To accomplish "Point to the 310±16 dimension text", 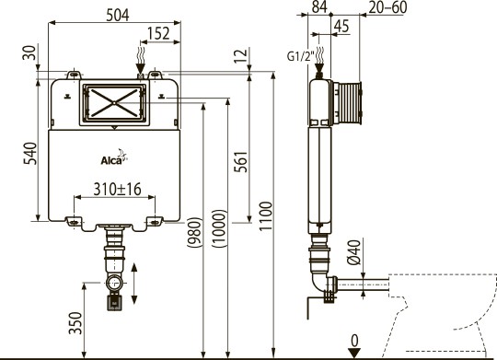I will (x=117, y=189).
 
